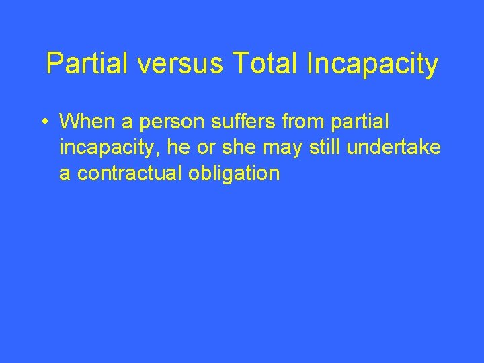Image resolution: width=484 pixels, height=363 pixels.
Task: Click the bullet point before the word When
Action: pos(43,122)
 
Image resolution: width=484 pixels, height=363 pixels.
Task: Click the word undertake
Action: pos(395,147)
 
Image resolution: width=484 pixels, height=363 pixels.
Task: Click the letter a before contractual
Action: pos(65,173)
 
